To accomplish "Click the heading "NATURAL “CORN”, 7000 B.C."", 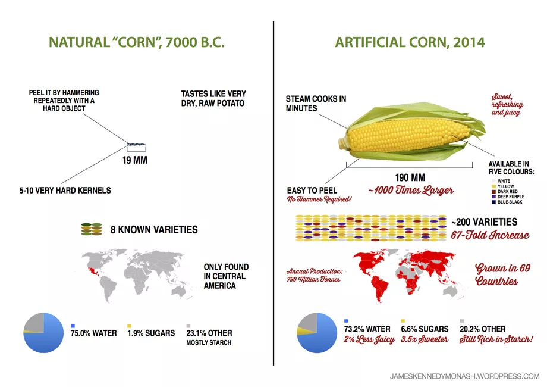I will (x=136, y=43).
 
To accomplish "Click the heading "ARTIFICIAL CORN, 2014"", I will (x=410, y=43).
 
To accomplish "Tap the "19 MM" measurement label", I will (x=135, y=160).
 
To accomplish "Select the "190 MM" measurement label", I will (x=410, y=177).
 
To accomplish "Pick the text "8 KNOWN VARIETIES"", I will (x=154, y=229).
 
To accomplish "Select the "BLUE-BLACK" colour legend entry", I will (x=511, y=202).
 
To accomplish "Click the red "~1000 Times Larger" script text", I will (x=410, y=191).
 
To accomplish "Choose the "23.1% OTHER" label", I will (x=210, y=333).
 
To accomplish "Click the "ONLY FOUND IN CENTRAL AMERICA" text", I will (x=226, y=276).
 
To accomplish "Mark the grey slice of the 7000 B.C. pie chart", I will (x=34, y=323).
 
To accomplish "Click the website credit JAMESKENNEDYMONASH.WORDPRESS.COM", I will (x=464, y=376).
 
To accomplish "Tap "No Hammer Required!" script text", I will (x=319, y=199).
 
